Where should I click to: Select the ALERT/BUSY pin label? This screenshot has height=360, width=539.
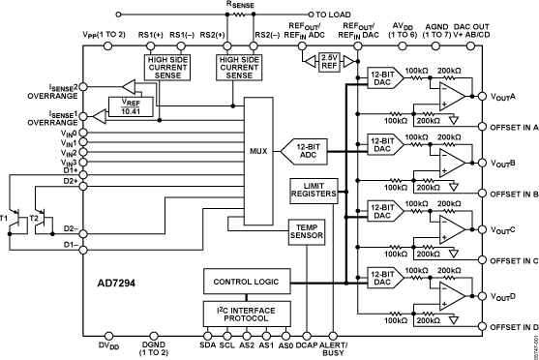(335, 349)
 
